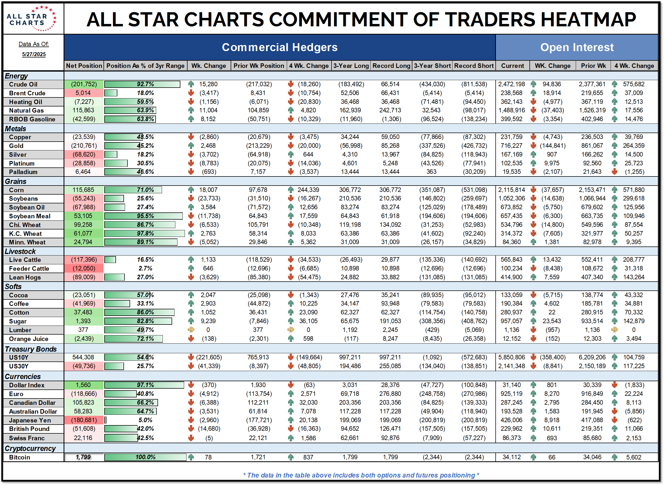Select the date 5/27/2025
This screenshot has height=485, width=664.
34,54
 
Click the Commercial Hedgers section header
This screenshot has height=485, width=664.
279,47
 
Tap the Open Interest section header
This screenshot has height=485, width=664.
576,47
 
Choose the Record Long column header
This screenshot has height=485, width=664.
391,66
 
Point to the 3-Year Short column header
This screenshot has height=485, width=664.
432,66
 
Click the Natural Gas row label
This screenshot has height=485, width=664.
26,110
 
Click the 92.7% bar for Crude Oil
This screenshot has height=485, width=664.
142,84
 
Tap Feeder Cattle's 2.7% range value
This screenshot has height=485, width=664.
145,268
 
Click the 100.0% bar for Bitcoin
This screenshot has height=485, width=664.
145,457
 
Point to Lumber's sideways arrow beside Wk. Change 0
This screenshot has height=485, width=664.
191,330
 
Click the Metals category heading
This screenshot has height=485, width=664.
15,129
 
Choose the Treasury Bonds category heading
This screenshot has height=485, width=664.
31,349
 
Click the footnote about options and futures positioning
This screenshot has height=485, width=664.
361,475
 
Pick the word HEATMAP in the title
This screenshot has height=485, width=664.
588,19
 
